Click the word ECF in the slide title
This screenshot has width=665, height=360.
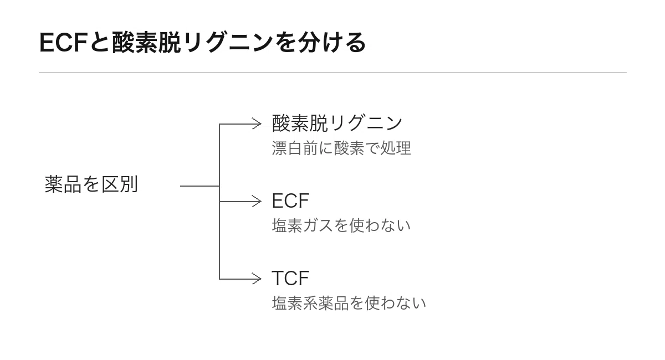(63, 43)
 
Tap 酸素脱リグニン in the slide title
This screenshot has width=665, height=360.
(193, 43)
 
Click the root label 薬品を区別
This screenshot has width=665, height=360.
(91, 184)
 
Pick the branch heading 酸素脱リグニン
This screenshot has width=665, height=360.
(337, 123)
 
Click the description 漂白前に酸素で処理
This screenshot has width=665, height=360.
(341, 148)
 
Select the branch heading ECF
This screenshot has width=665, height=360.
(290, 201)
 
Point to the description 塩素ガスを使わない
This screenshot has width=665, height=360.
(341, 225)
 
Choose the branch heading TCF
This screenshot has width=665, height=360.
(290, 279)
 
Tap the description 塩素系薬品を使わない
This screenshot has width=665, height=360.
(349, 303)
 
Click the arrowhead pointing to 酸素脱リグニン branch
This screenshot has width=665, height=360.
(257, 124)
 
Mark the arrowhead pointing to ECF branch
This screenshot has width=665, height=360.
(257, 202)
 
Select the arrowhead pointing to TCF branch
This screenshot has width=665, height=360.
(257, 279)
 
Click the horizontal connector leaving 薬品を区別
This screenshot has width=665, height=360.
(200, 186)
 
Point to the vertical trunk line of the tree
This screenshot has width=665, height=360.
(219, 202)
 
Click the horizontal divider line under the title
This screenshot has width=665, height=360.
(332, 73)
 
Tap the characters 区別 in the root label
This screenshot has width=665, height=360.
(120, 184)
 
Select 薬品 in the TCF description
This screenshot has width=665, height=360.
(334, 303)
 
